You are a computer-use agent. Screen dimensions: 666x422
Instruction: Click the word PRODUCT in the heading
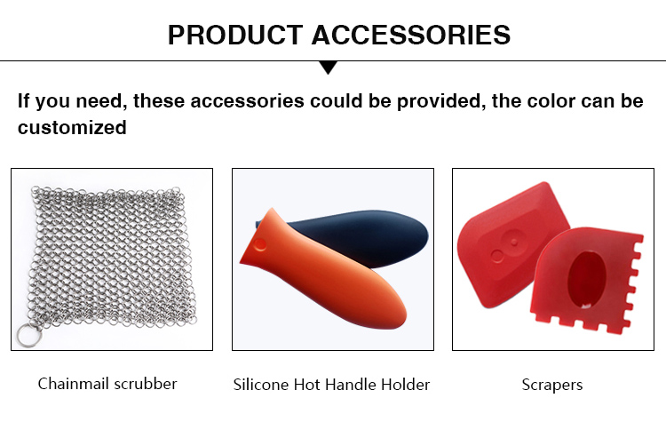click(x=235, y=35)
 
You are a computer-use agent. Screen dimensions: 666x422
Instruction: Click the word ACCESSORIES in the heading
click(x=411, y=35)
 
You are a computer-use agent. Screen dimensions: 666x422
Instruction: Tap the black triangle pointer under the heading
click(x=329, y=68)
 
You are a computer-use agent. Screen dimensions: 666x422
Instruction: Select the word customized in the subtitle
click(x=72, y=128)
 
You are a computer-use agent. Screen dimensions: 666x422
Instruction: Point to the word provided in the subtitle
click(x=441, y=101)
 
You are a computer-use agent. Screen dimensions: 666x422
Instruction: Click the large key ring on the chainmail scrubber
click(x=29, y=335)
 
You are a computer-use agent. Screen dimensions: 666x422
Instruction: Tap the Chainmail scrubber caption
click(x=107, y=384)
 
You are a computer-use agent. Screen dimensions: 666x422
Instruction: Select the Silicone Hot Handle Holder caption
click(x=332, y=385)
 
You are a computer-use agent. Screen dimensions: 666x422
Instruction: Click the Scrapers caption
click(x=552, y=385)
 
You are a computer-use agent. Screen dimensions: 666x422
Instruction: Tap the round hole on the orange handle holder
click(x=259, y=245)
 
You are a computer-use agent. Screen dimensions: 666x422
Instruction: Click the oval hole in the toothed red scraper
click(x=587, y=279)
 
